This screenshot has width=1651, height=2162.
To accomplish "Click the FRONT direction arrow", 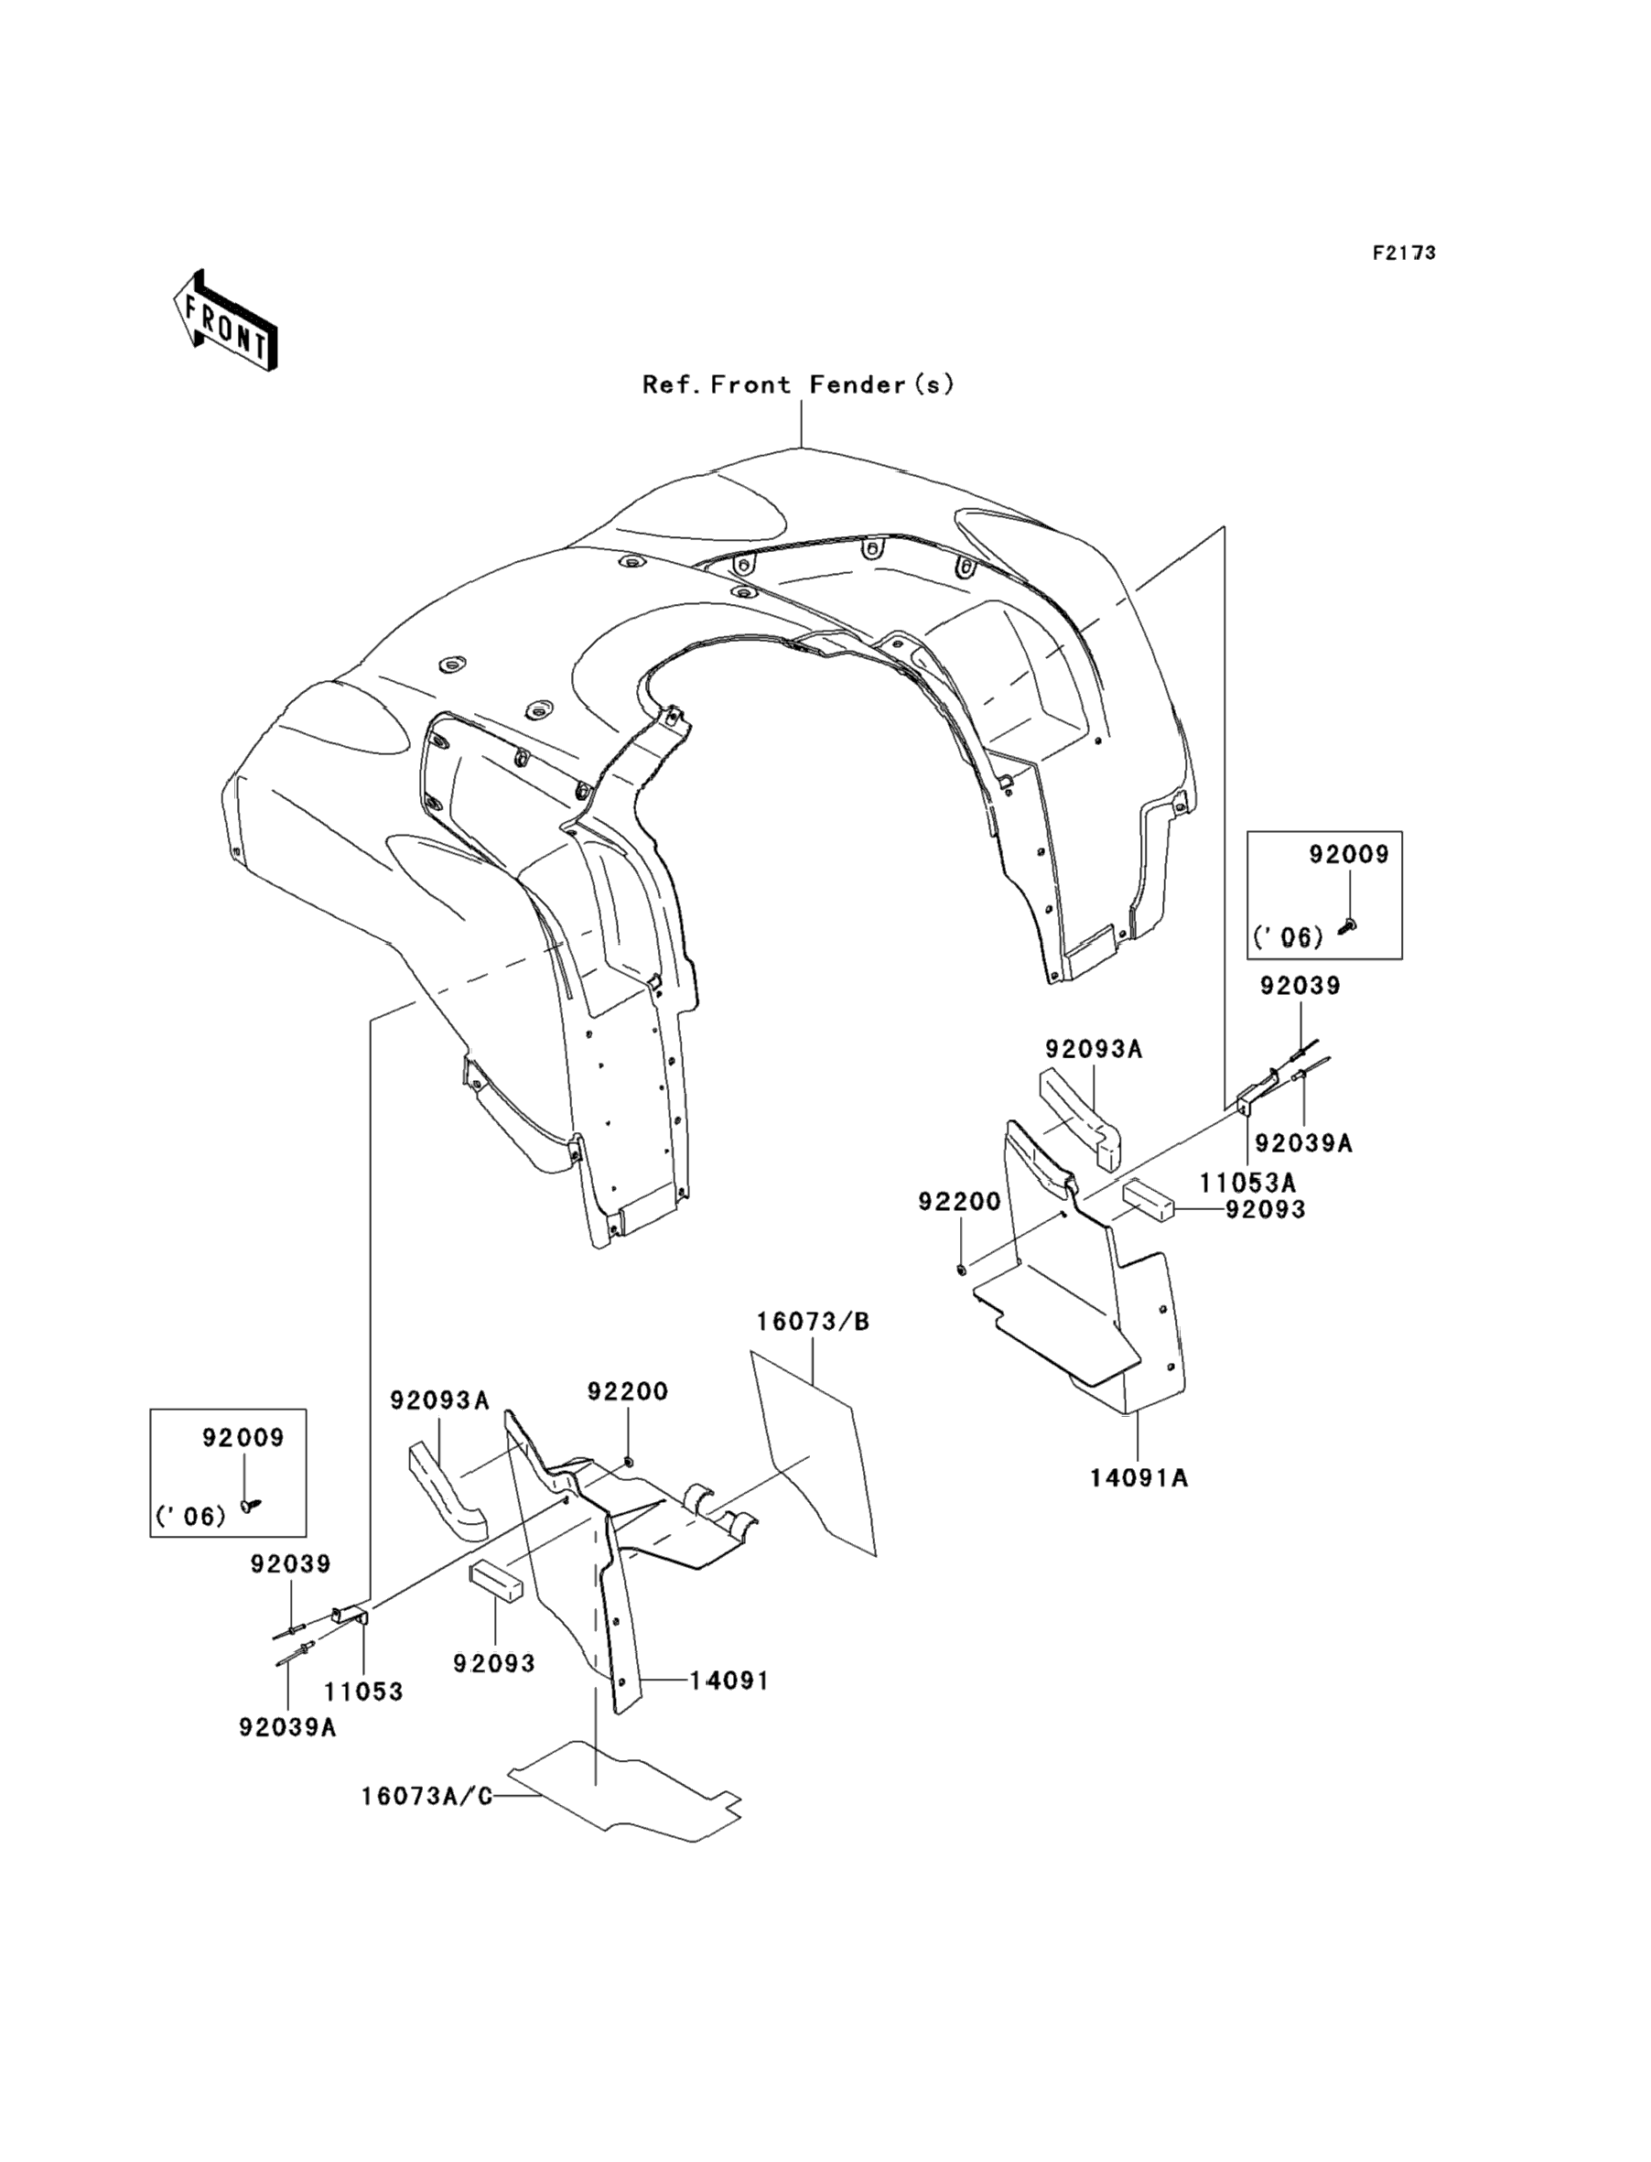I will [x=224, y=320].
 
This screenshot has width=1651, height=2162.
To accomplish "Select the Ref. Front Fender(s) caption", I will [x=798, y=384].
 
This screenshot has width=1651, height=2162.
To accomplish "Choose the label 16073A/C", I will [x=426, y=1797].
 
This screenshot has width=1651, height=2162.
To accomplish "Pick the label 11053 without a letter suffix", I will [x=363, y=1692].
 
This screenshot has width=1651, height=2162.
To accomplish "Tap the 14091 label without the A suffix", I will [x=728, y=1681].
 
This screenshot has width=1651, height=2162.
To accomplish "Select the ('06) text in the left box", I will [x=190, y=1517].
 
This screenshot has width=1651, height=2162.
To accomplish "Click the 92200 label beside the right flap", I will [x=959, y=1201].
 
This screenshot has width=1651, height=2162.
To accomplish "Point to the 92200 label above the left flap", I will [x=627, y=1391].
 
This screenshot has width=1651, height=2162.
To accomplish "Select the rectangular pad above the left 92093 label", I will [x=495, y=1581].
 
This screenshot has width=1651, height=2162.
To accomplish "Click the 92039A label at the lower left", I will [x=287, y=1726].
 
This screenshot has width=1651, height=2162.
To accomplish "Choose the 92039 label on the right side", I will [x=1300, y=986].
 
